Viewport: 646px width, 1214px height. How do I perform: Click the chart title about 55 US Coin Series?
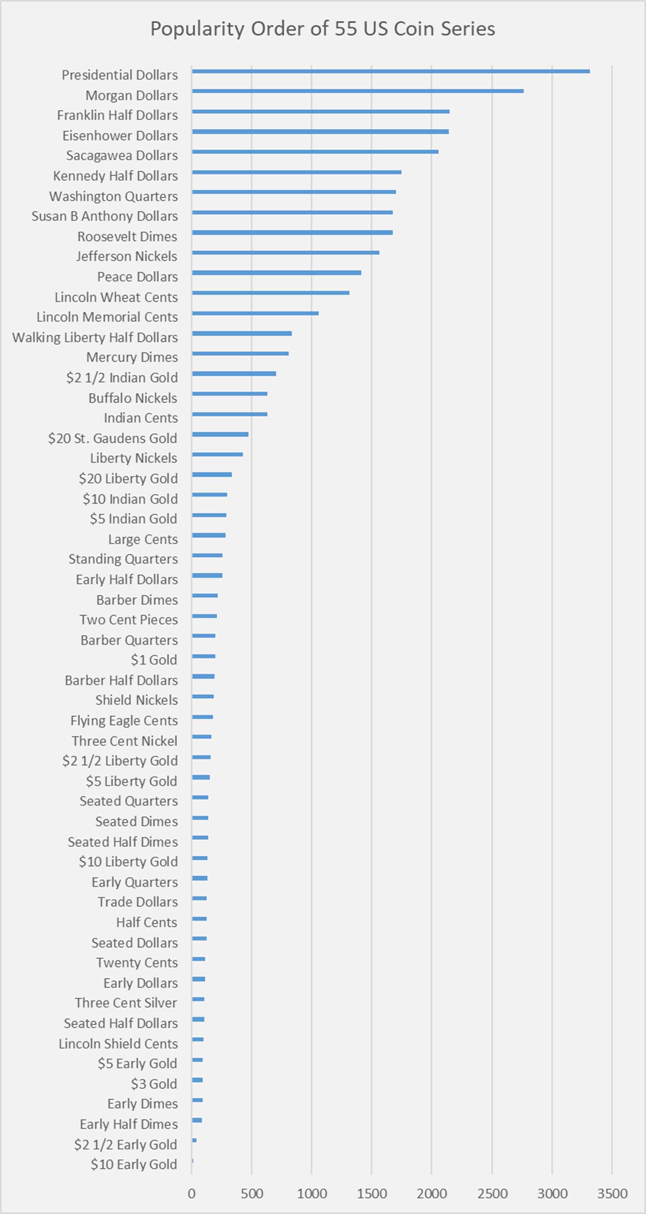pyautogui.click(x=323, y=29)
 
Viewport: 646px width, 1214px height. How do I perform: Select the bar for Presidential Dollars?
pyautogui.click(x=390, y=71)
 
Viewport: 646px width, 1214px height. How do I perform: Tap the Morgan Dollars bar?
pyautogui.click(x=358, y=91)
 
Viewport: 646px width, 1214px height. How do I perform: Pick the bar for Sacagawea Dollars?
pyautogui.click(x=315, y=152)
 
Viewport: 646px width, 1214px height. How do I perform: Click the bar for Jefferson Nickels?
pyautogui.click(x=285, y=252)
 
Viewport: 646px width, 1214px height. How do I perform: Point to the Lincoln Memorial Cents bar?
pyautogui.click(x=255, y=313)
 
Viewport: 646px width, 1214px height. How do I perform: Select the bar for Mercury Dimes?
pyautogui.click(x=240, y=353)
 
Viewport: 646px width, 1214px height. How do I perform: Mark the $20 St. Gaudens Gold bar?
pyautogui.click(x=220, y=434)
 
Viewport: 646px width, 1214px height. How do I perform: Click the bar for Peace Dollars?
pyautogui.click(x=276, y=273)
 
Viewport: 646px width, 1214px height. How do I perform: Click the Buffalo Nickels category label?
pyautogui.click(x=132, y=398)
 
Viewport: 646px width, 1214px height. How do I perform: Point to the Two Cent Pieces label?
pyautogui.click(x=128, y=620)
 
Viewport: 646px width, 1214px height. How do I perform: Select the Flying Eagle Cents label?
pyautogui.click(x=124, y=721)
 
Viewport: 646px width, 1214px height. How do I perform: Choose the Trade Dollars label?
pyautogui.click(x=137, y=902)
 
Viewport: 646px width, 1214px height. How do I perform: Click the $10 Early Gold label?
pyautogui.click(x=134, y=1165)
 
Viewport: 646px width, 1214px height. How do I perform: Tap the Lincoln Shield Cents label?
pyautogui.click(x=118, y=1044)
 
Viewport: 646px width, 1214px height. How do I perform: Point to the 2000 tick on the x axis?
pyautogui.click(x=432, y=1194)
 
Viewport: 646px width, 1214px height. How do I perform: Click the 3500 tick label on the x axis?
pyautogui.click(x=612, y=1194)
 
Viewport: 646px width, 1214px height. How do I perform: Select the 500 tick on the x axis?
pyautogui.click(x=251, y=1194)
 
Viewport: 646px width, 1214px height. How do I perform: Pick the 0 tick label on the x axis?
pyautogui.click(x=192, y=1194)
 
